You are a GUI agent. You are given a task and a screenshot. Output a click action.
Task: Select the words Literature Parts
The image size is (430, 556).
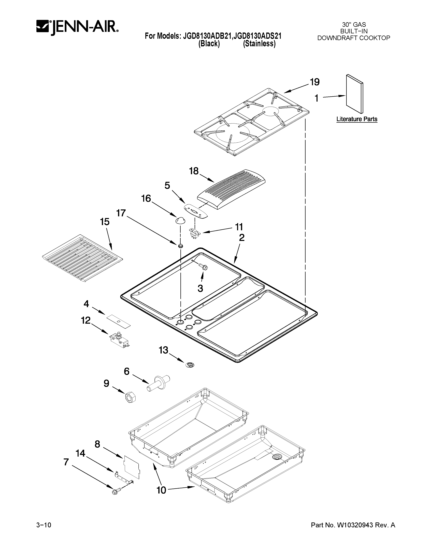[x=357, y=119]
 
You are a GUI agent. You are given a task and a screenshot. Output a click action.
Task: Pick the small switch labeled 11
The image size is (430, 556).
[x=194, y=233]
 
